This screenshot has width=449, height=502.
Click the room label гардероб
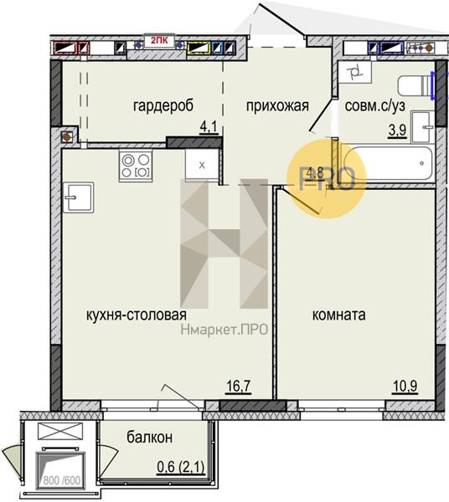tap(163, 105)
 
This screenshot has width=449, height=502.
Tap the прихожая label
tap(277, 106)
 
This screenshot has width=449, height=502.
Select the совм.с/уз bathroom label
tap(375, 106)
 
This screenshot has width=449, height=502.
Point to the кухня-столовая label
tap(137, 315)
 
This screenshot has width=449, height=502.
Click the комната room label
tap(338, 315)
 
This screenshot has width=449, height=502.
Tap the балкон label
tap(149, 438)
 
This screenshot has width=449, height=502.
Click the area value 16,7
tap(239, 386)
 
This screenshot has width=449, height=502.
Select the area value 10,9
tap(405, 386)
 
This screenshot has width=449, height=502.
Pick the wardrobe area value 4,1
tap(209, 127)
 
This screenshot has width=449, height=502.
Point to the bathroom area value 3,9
tap(397, 131)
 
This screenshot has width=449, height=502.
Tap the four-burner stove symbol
tap(136, 166)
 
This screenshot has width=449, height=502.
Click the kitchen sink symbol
tap(78, 197)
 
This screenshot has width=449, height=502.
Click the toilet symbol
tap(415, 85)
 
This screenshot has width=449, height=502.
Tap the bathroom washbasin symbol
tap(422, 127)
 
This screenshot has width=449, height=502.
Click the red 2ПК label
tap(159, 41)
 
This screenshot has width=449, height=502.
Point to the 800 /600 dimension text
tap(61, 480)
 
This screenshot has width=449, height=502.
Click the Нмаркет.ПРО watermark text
tap(224, 329)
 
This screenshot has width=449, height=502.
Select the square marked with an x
tap(202, 165)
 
